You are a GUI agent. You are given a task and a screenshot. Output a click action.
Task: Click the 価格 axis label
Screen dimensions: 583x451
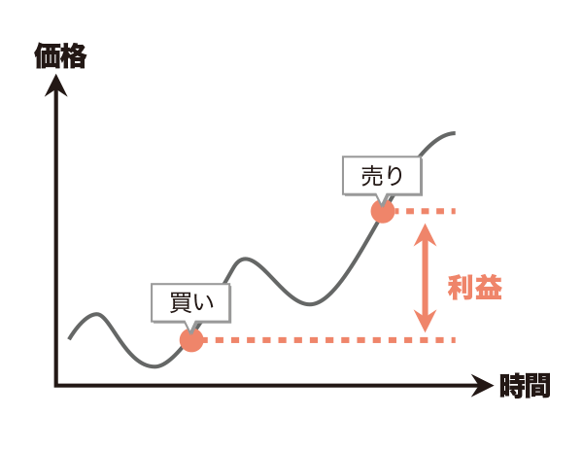click(60, 56)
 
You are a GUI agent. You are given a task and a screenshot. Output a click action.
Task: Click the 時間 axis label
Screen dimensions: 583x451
click(525, 386)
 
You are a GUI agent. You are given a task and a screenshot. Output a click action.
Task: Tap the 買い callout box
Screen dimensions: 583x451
click(190, 302)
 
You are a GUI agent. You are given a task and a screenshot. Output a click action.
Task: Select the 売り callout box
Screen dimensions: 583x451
click(382, 176)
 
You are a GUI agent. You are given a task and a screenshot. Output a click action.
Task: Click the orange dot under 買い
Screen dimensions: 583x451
click(191, 340)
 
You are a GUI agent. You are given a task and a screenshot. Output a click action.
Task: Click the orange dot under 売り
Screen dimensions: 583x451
click(383, 211)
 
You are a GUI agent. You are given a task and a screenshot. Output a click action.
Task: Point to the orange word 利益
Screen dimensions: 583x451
click(475, 288)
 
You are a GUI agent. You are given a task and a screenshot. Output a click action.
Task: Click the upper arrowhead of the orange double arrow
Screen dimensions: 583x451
click(425, 233)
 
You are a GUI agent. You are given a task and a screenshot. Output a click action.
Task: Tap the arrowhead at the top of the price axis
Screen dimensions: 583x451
click(56, 85)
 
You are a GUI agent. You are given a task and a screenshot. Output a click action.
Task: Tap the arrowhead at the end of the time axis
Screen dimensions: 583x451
click(482, 386)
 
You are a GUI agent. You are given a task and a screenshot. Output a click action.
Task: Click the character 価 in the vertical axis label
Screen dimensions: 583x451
click(48, 56)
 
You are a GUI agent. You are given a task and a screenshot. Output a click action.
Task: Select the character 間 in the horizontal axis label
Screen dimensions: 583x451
click(537, 386)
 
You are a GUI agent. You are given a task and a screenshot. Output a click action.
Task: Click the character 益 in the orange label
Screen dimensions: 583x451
click(489, 288)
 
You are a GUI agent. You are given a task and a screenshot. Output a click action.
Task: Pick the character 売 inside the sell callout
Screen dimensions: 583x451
click(372, 176)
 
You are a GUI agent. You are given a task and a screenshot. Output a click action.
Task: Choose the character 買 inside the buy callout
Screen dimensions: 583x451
click(181, 302)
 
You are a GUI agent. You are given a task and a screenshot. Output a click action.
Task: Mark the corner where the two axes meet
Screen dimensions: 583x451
click(56, 386)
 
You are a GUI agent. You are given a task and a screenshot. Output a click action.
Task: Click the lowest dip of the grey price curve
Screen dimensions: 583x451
click(154, 366)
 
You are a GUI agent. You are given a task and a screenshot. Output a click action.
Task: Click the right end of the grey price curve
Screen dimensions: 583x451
click(455, 133)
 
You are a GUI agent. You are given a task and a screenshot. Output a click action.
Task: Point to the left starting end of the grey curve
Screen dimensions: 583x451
click(70, 338)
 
